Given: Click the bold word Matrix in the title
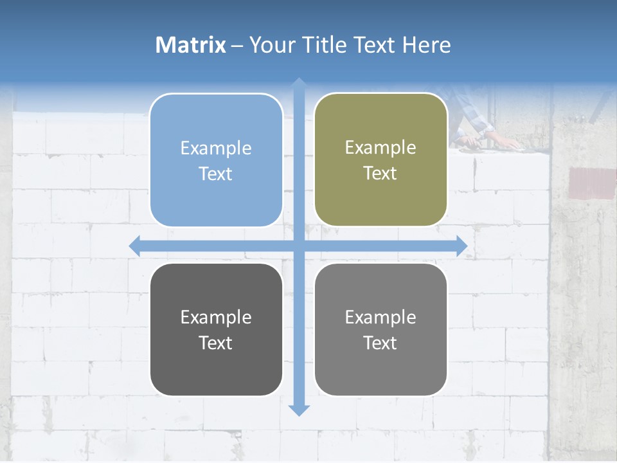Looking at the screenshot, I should [x=190, y=45].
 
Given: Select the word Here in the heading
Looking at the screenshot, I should [x=426, y=45].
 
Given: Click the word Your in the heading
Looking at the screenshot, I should [x=273, y=45].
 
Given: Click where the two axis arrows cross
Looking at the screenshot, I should [x=299, y=246].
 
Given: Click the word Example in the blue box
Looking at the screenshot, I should [x=216, y=148].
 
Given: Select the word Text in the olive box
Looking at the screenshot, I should [x=380, y=174].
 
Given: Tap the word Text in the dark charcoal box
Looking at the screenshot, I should [x=216, y=343].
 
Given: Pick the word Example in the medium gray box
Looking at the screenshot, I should [x=380, y=317].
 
